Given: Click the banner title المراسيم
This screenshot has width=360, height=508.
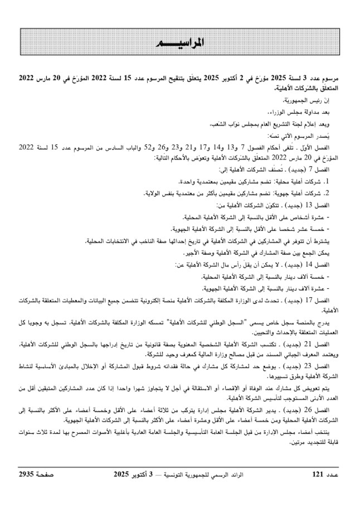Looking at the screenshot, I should (178, 43).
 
